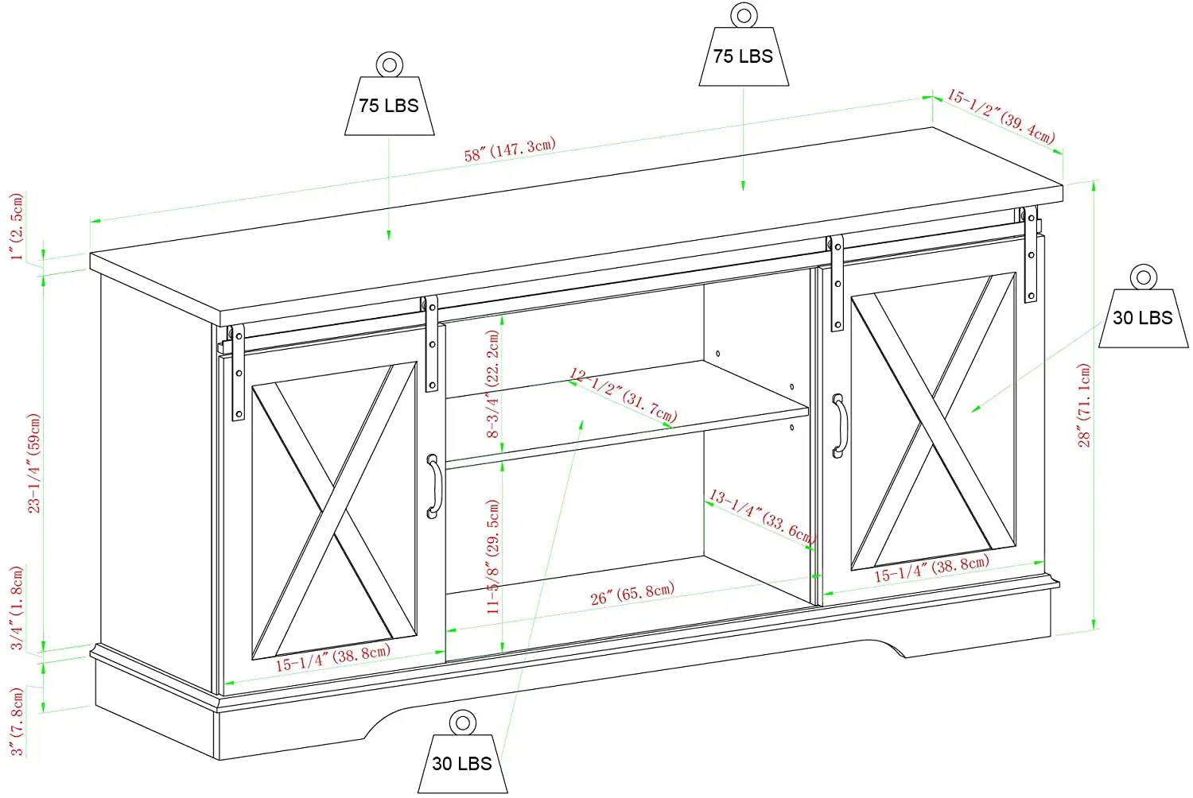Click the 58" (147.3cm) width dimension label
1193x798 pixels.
(510, 149)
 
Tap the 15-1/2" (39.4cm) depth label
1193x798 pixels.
(1001, 116)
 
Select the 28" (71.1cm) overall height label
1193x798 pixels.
(1085, 405)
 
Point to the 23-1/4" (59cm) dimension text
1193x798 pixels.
(34, 463)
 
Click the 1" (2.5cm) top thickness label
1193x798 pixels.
(17, 227)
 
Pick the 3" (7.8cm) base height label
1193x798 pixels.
(17, 722)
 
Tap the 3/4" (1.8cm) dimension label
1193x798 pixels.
(17, 608)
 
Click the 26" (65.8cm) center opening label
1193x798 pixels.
(632, 593)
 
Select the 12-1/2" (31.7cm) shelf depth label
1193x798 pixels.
(623, 395)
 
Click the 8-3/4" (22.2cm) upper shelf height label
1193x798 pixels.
(493, 384)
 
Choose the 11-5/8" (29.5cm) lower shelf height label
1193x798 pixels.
(493, 556)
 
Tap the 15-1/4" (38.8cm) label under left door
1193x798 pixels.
(333, 658)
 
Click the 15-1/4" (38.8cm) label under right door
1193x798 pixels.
(931, 568)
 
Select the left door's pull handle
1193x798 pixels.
(433, 486)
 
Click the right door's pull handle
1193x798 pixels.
(839, 426)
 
